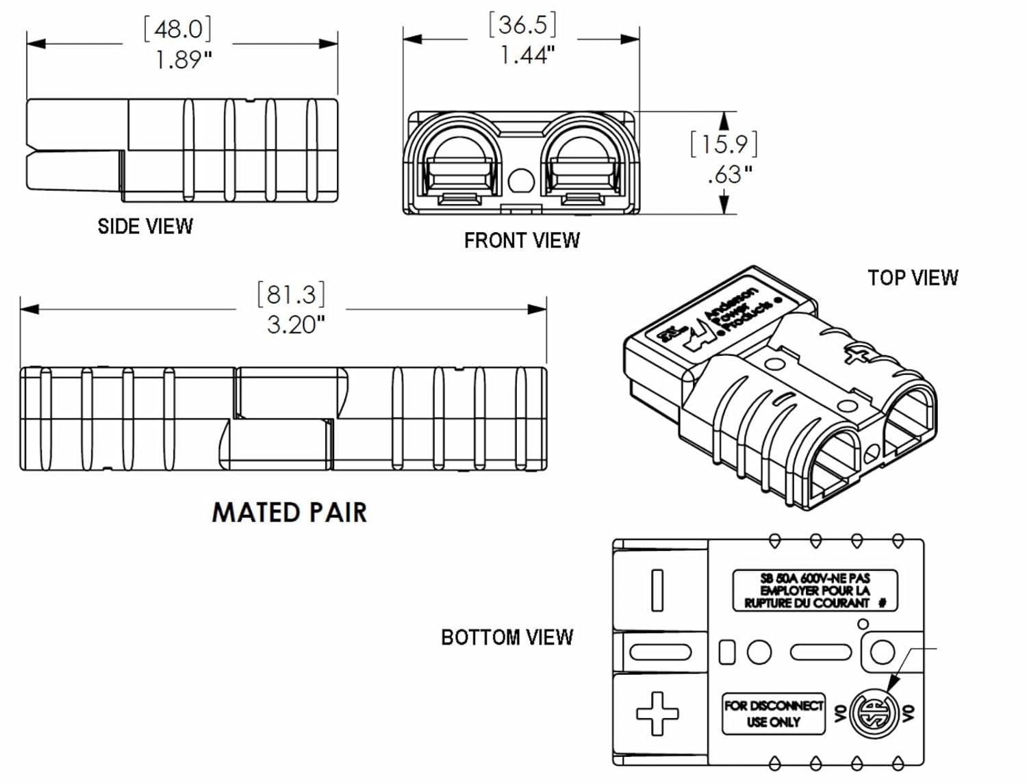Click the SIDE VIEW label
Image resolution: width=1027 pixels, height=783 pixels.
pyautogui.click(x=145, y=227)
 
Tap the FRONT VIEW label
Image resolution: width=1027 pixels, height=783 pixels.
pyautogui.click(x=522, y=241)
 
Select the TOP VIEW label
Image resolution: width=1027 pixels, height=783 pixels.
pyautogui.click(x=913, y=278)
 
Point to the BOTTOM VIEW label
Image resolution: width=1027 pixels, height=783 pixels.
pyautogui.click(x=507, y=637)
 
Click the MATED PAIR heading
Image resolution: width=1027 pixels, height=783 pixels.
pyautogui.click(x=289, y=513)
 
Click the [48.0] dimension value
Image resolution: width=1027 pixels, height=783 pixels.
pyautogui.click(x=177, y=29)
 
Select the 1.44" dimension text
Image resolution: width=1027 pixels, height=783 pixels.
pyautogui.click(x=527, y=55)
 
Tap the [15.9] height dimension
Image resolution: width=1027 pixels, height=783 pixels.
pyautogui.click(x=724, y=144)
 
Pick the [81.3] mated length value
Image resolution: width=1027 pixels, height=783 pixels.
pyautogui.click(x=291, y=294)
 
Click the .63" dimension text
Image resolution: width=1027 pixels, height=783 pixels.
pyautogui.click(x=730, y=175)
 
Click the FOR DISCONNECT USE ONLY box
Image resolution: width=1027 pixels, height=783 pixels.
pyautogui.click(x=774, y=713)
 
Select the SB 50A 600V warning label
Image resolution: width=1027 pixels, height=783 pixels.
pyautogui.click(x=815, y=590)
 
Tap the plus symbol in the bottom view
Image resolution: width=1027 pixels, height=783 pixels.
pyautogui.click(x=657, y=713)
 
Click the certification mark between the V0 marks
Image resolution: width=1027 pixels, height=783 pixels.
pyautogui.click(x=873, y=713)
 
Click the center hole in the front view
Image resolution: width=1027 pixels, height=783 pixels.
pyautogui.click(x=521, y=181)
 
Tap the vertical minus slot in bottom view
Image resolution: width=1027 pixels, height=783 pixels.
pyautogui.click(x=657, y=590)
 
